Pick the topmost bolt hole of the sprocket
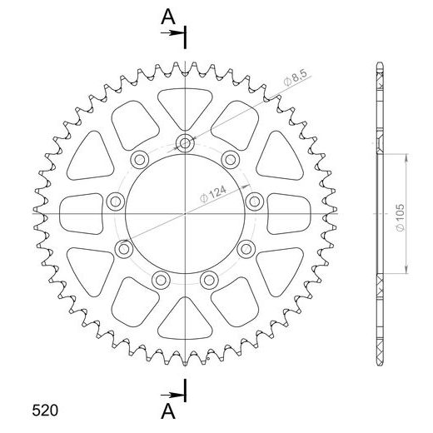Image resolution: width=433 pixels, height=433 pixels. pyautogui.click(x=184, y=142)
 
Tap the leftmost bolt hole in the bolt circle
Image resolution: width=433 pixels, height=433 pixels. pyautogui.click(x=114, y=198)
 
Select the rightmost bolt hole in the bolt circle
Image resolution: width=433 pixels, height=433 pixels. pyautogui.click(x=254, y=198)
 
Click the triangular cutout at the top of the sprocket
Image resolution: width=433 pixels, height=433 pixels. pyautogui.click(x=184, y=101)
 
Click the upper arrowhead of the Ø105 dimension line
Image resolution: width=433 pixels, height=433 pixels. pyautogui.click(x=406, y=157)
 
